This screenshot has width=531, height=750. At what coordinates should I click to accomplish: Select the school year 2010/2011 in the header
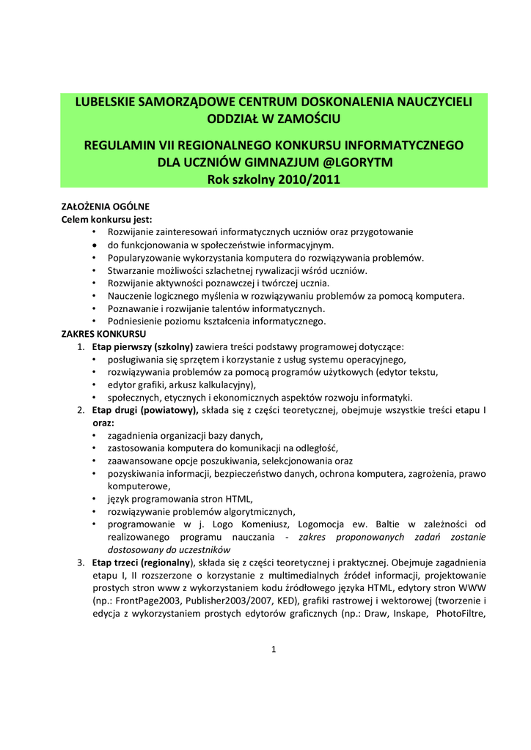[299, 179]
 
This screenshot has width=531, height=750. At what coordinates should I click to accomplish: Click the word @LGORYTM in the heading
[358, 162]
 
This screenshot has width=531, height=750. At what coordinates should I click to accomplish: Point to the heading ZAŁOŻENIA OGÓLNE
[105, 207]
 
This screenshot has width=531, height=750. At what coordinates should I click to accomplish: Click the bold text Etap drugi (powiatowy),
[145, 411]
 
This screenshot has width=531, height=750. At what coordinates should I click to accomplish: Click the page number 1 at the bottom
[273, 649]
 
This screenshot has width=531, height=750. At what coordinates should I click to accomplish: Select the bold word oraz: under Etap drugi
[103, 423]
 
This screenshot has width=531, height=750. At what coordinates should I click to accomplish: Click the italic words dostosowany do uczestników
[169, 549]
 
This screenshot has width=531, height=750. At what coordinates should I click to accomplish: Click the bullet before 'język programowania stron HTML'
[95, 499]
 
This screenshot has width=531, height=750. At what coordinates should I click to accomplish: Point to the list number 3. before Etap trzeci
[81, 562]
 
